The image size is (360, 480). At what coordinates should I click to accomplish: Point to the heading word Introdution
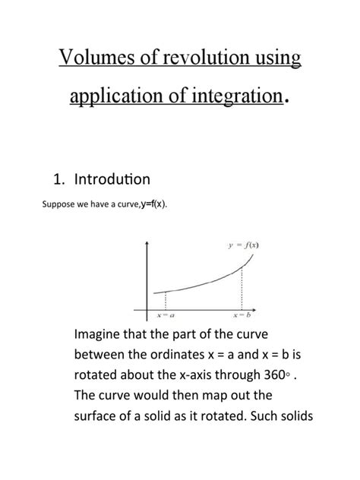(x=112, y=179)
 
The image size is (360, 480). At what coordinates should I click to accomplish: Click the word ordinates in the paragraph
(x=191, y=355)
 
